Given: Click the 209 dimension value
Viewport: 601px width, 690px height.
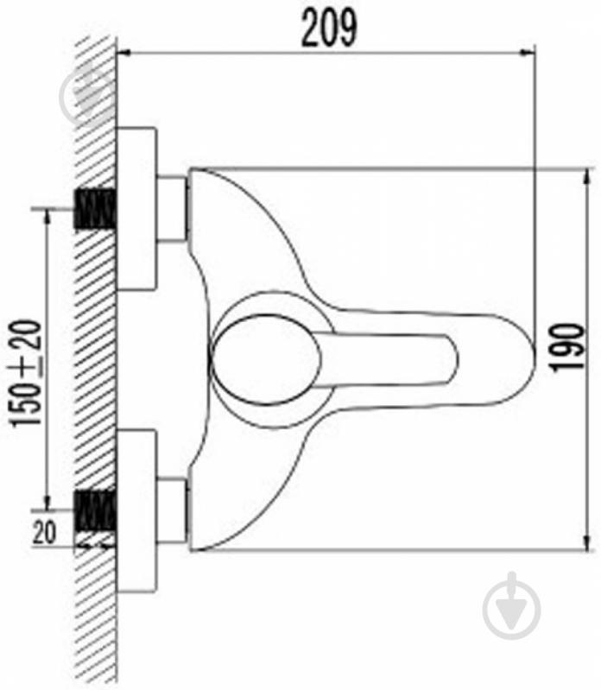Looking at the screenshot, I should click(328, 28).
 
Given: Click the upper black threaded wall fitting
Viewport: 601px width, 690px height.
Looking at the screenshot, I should click(95, 210).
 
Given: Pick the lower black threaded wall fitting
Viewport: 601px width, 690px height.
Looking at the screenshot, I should click(95, 510).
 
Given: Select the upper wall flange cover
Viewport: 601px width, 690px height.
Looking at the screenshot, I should click(136, 208).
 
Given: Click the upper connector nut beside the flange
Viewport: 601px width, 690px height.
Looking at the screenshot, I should click(173, 208).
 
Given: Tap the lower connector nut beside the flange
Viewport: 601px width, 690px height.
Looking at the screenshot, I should click(173, 509).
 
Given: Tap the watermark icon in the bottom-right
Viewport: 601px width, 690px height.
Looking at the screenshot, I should click(511, 604).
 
